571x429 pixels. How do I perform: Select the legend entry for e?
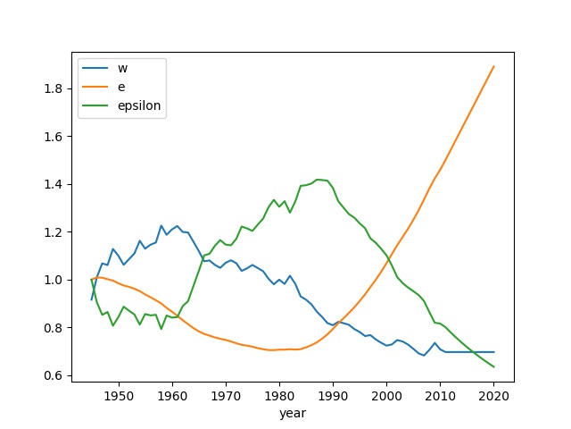(x=120, y=87)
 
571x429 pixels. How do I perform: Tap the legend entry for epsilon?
(x=133, y=105)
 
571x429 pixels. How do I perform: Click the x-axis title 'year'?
(x=293, y=415)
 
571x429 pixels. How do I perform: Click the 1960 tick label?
(x=172, y=396)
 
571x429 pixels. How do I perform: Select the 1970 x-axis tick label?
(x=226, y=396)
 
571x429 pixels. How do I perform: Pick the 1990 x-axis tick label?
(x=333, y=396)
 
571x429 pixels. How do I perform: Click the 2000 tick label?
(x=386, y=396)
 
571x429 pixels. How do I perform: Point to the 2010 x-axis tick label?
(x=440, y=396)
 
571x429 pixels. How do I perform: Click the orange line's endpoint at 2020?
(x=493, y=66)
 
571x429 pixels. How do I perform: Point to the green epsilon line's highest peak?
(x=319, y=179)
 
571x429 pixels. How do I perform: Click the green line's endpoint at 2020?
(x=493, y=366)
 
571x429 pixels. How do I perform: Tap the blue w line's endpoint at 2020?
(x=493, y=352)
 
